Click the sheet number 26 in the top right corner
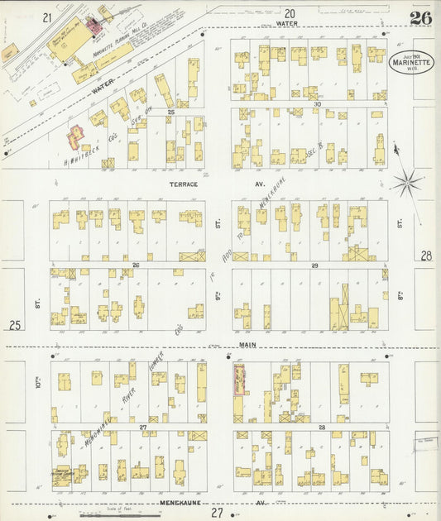tap(419, 18)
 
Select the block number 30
tap(317, 104)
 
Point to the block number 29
tap(315, 265)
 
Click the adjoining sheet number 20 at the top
tap(289, 13)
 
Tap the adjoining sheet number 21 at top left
tap(47, 17)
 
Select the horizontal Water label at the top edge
tap(287, 24)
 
